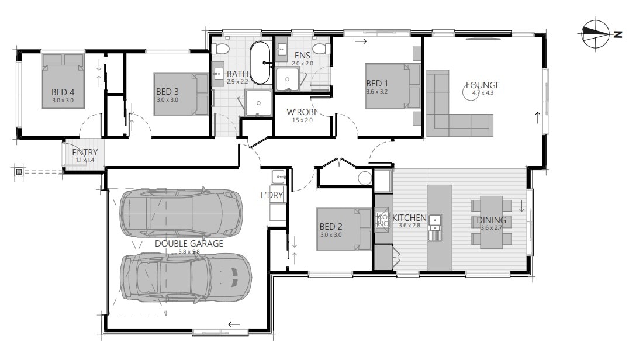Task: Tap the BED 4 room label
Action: [63, 92]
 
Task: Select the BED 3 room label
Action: [167, 92]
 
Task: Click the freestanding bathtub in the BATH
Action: [261, 64]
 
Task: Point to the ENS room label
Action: [303, 56]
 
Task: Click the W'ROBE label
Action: [302, 112]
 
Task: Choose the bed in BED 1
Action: [392, 86]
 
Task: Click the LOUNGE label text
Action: [482, 85]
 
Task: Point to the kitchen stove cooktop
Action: [383, 220]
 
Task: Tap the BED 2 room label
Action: [330, 227]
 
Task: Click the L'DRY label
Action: [271, 195]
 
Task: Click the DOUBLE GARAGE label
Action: [189, 243]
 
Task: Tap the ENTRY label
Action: [85, 153]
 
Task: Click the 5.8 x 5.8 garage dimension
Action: [189, 251]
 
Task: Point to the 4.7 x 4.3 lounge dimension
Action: [482, 92]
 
